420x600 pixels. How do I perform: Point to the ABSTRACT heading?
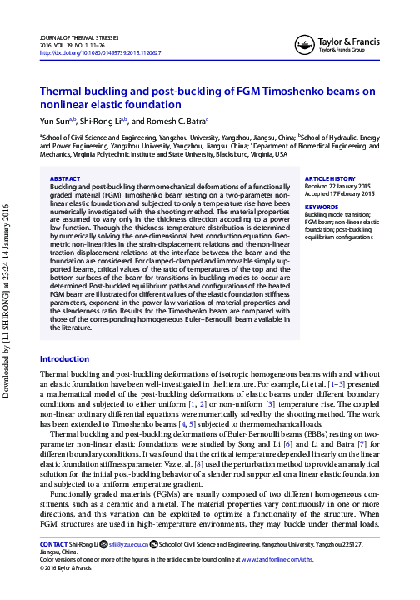click(65, 178)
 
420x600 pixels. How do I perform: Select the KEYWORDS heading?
click(322, 206)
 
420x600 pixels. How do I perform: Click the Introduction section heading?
click(65, 382)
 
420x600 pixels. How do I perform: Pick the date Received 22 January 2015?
click(342, 186)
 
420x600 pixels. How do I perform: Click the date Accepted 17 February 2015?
click(342, 193)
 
